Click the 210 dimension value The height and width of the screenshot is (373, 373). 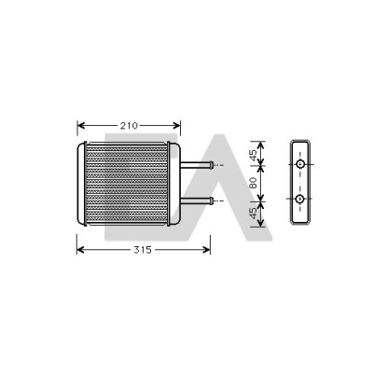point(129,126)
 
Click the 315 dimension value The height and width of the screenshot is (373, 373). point(143,250)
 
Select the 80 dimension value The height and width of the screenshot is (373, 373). point(254,183)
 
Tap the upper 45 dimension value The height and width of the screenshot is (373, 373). point(254,156)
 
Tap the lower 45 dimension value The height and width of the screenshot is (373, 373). point(254,213)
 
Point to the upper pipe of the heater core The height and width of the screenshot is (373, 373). point(197,165)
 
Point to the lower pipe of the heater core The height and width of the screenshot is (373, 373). point(197,200)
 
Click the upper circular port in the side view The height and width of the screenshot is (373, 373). point(300,164)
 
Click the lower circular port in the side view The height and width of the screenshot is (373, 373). point(300,199)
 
